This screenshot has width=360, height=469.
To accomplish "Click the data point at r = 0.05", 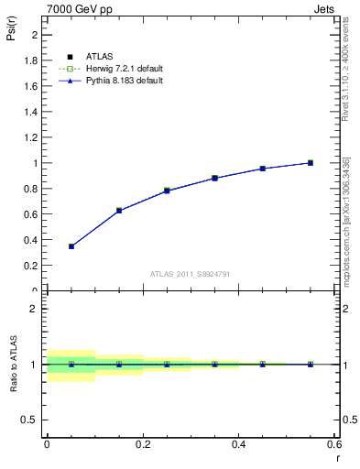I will [71, 246].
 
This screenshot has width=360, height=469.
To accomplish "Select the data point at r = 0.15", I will [119, 211].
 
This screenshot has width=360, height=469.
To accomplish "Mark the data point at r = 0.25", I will [167, 191].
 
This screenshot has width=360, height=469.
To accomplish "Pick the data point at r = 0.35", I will [214, 178].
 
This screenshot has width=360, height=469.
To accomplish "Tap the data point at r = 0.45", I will [262, 169].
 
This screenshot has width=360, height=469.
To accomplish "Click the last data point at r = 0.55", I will [311, 163].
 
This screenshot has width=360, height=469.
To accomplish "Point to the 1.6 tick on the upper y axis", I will [34, 86].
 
